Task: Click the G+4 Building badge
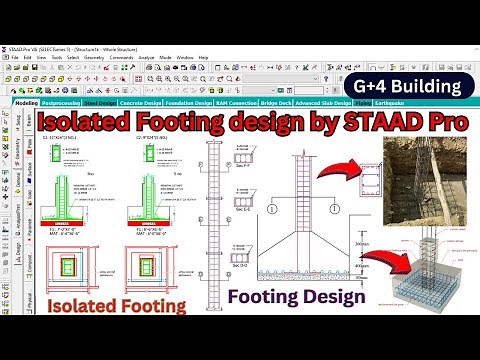coord(412,87)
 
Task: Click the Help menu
coord(203,57)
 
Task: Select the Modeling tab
coord(26,102)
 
